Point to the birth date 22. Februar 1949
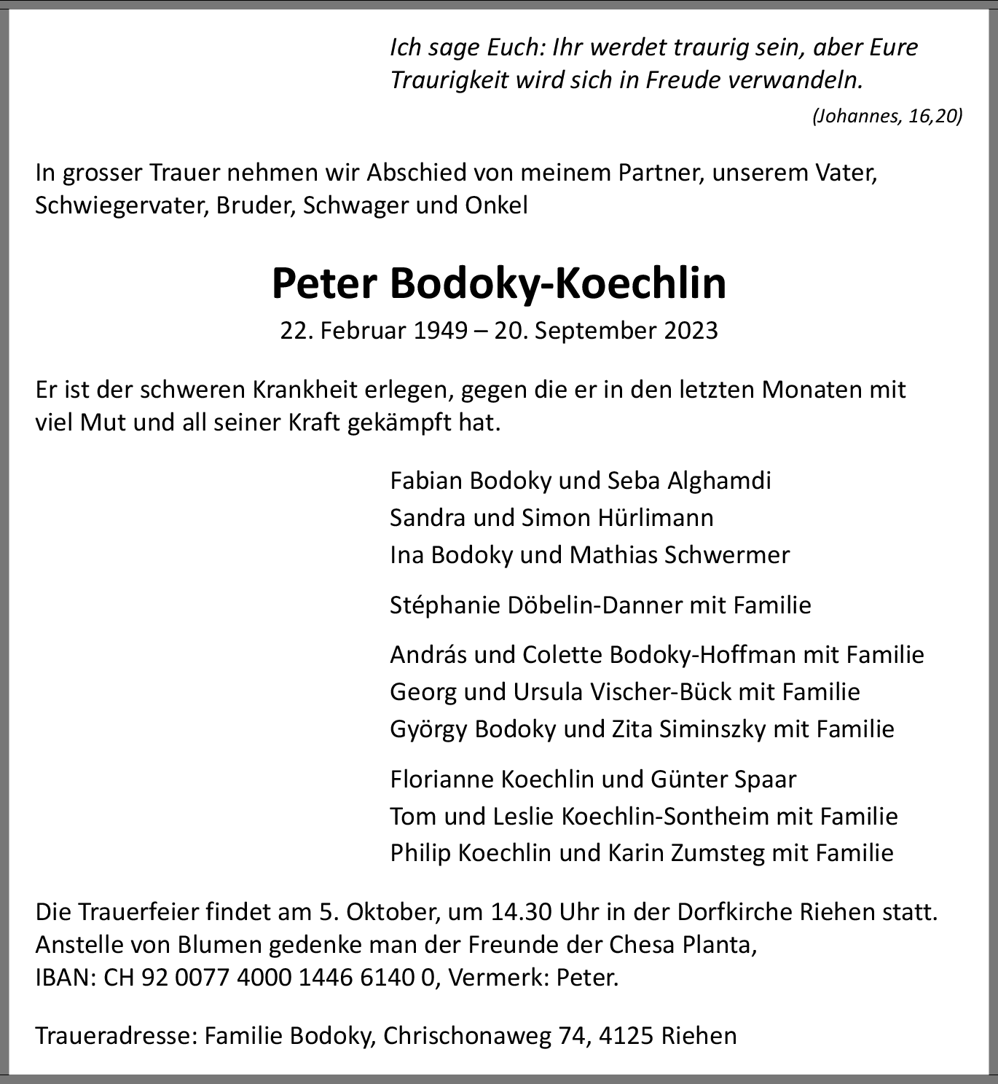click(374, 331)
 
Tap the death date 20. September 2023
click(606, 331)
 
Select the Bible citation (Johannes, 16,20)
click(887, 116)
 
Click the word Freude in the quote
click(683, 79)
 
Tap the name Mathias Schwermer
click(679, 555)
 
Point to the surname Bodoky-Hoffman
click(702, 655)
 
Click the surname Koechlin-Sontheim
click(664, 816)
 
